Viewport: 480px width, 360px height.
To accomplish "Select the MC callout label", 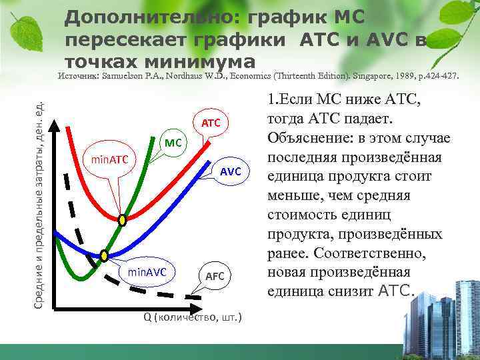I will click(x=173, y=142).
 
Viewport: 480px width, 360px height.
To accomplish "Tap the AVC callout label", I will click(x=230, y=171).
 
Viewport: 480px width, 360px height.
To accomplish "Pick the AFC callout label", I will click(x=215, y=276).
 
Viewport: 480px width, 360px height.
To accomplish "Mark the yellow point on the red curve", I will click(x=122, y=219).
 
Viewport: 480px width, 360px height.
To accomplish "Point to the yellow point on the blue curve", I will click(x=104, y=255).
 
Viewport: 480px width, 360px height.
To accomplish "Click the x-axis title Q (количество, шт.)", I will click(x=193, y=316).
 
